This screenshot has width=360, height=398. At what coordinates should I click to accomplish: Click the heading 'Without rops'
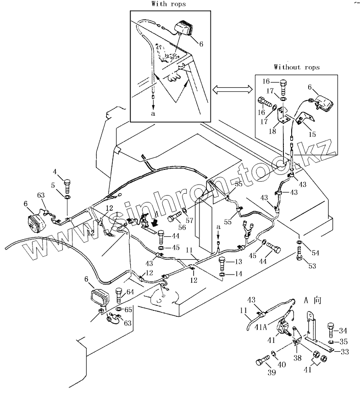tap(297, 67)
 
